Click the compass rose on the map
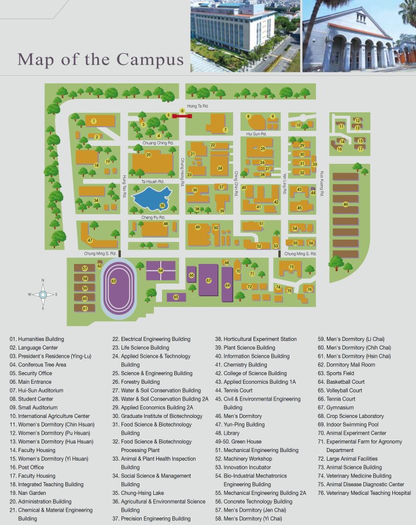43,295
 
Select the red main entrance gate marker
182,116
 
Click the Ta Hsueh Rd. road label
152,182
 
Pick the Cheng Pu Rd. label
154,218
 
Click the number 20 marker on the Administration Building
149,155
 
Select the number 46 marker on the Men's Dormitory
345,204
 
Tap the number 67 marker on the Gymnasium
208,280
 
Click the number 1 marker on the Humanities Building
93,120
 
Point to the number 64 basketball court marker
160,270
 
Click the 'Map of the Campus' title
101,59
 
